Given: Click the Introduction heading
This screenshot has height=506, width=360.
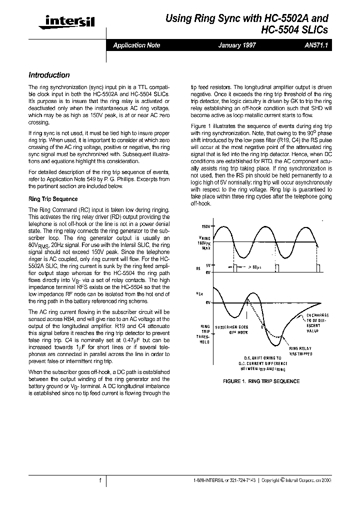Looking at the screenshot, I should [49, 75].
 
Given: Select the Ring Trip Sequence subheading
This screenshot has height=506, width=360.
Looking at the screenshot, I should [52, 198].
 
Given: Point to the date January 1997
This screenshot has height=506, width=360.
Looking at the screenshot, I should [237, 45].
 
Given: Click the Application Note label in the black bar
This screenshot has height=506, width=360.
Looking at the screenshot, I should [136, 45].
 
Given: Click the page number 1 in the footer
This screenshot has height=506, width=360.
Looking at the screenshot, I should [100, 480].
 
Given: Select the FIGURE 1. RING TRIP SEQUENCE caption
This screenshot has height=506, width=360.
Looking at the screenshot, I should [261, 381].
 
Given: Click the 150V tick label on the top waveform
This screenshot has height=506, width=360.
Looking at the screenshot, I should [205, 225].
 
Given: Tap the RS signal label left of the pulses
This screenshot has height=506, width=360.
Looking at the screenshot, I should [198, 268].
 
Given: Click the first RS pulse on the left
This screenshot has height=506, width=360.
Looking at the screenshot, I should [234, 268].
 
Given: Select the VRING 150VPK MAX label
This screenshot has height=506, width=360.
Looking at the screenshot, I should [205, 243].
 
